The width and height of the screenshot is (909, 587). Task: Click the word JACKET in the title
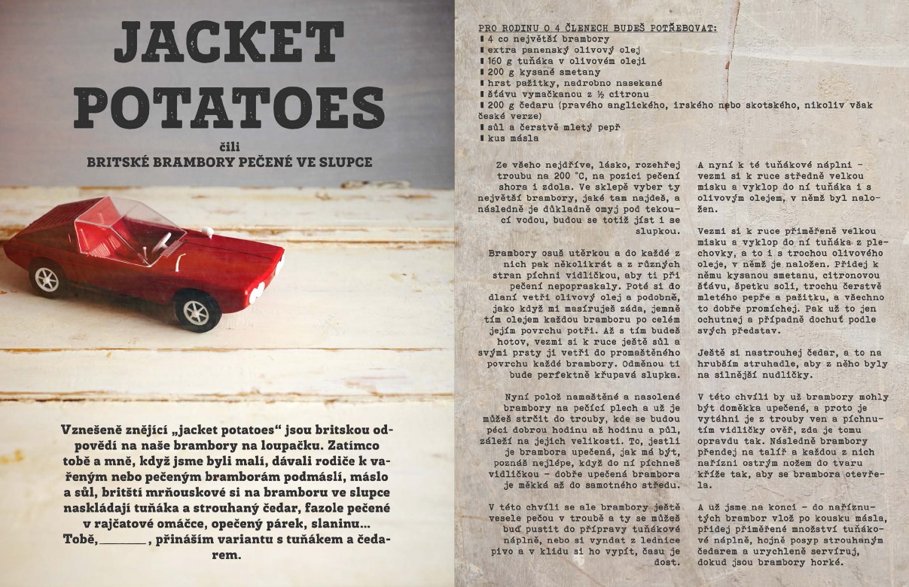point(229,43)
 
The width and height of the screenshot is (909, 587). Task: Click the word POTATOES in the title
point(229,106)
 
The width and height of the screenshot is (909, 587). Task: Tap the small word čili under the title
point(230,147)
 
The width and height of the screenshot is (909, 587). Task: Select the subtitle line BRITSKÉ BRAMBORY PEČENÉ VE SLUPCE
point(230,161)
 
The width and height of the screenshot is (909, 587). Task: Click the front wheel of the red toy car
point(197,309)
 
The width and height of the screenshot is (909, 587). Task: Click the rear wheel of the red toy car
point(47,278)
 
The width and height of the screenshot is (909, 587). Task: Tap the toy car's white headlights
point(258,289)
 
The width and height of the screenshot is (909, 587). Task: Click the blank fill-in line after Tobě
point(124,540)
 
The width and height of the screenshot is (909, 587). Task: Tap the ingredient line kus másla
point(512,138)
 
